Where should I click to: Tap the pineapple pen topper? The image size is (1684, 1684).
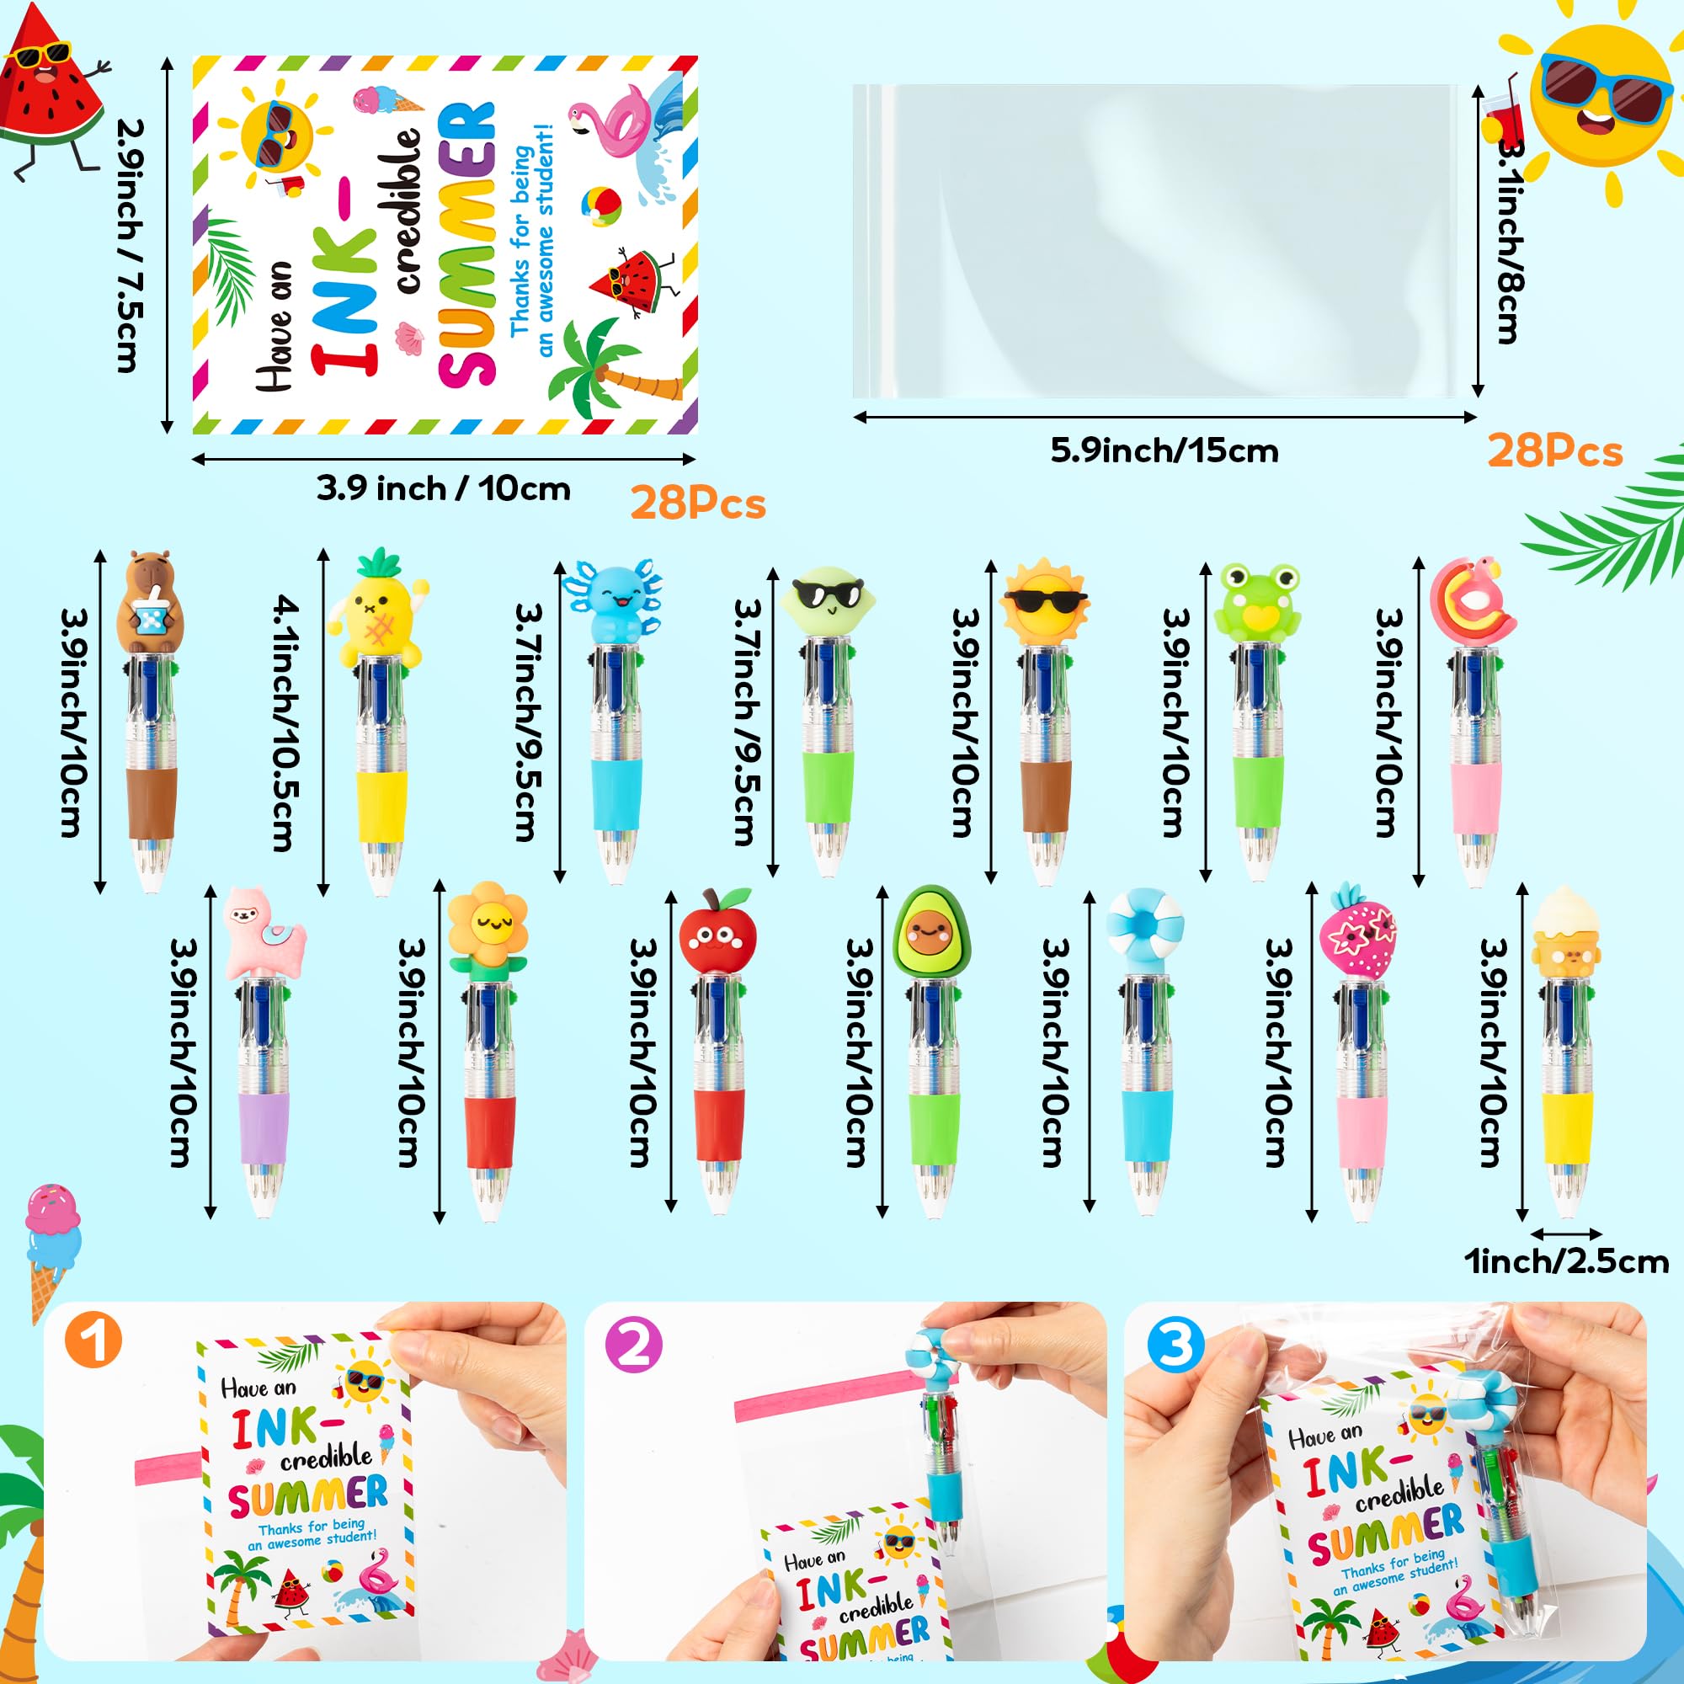tap(377, 606)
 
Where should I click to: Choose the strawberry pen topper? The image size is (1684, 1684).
tap(1358, 933)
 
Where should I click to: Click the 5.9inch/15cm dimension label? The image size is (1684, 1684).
tap(1164, 451)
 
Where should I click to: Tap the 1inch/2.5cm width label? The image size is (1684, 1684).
tap(1566, 1261)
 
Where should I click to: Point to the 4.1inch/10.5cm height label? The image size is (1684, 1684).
tap(286, 722)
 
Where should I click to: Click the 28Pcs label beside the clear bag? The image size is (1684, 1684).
tap(1555, 451)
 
